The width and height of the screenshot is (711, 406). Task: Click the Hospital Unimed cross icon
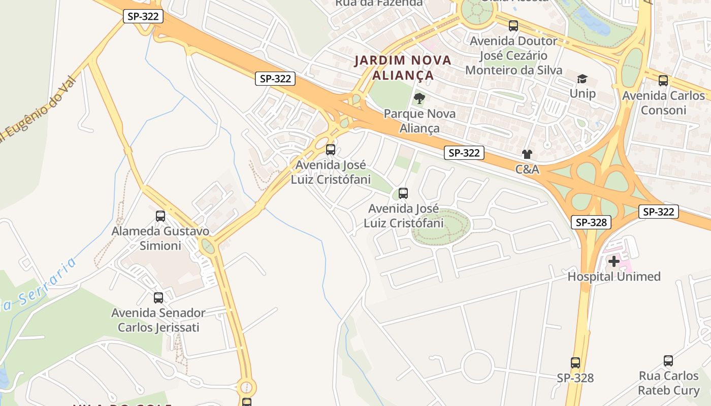614,262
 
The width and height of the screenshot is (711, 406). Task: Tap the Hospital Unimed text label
614,277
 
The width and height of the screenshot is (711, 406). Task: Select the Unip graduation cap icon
582,79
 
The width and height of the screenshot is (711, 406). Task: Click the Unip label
583,93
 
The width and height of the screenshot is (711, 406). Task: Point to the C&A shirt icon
527,154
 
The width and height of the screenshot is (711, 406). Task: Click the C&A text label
527,170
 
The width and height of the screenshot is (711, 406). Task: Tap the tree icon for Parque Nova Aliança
419,98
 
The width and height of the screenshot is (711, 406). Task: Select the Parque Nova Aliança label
419,121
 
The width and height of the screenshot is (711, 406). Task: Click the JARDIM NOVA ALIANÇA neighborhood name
403,67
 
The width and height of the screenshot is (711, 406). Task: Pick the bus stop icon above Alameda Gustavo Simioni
160,216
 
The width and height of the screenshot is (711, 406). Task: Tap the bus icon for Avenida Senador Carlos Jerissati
158,298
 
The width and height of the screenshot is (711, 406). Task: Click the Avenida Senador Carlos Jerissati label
158,320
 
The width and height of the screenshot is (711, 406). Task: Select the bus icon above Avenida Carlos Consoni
663,80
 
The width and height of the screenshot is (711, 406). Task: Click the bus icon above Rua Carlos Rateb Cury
668,361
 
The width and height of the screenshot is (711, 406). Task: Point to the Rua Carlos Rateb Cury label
668,383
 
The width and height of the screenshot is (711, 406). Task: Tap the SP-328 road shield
591,222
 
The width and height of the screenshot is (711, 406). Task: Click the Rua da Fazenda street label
379,3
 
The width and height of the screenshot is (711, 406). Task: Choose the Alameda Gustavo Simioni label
160,239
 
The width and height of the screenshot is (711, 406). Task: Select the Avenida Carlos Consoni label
663,103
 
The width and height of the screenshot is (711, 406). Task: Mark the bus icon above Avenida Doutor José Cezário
513,25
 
